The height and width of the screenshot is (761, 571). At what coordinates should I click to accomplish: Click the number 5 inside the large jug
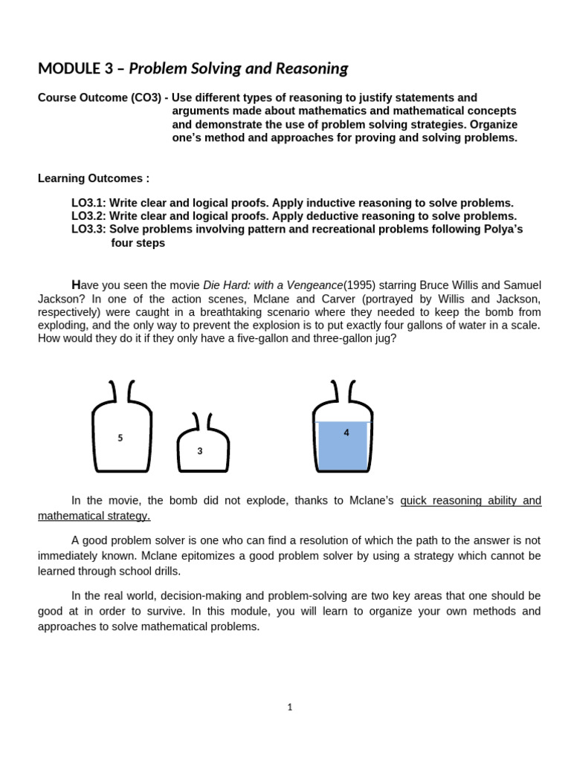coord(120,438)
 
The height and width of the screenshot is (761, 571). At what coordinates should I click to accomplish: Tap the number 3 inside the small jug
coord(199,451)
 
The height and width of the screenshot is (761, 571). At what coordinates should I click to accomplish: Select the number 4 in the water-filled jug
coord(346,433)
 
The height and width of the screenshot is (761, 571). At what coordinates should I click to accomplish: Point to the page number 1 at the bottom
coord(290,707)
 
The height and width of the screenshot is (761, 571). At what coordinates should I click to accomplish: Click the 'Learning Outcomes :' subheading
coord(94,178)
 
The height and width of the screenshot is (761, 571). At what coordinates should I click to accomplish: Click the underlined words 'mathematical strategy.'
coord(94,516)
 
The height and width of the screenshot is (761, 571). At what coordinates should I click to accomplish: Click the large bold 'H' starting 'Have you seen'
coord(75,285)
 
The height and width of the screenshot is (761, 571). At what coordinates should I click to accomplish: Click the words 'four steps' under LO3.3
coord(138,243)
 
